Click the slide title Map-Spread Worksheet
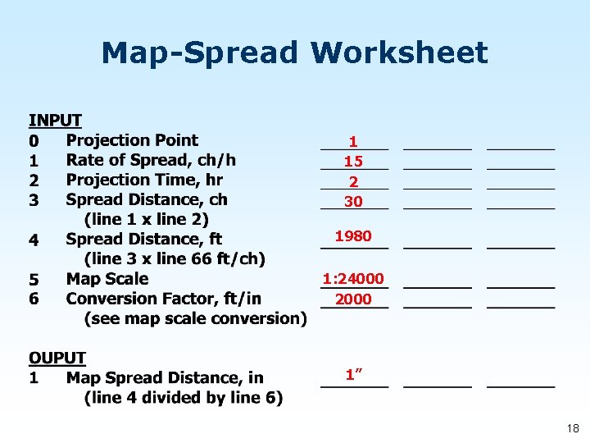[x=294, y=53]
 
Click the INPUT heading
[x=56, y=121]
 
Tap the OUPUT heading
[x=57, y=358]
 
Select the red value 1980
[x=353, y=236]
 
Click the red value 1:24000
[x=353, y=279]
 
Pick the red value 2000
[x=353, y=299]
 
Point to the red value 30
[x=353, y=201]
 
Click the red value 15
[x=353, y=162]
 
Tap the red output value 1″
[x=354, y=375]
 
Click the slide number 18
[x=572, y=428]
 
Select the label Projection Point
[x=132, y=140]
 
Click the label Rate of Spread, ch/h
[x=151, y=160]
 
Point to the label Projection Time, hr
[x=144, y=180]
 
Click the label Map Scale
[x=107, y=279]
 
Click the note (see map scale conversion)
[x=196, y=318]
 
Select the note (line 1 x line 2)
[x=147, y=219]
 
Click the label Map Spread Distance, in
[x=165, y=378]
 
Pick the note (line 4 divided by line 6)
[x=184, y=398]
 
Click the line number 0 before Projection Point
[x=34, y=140]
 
